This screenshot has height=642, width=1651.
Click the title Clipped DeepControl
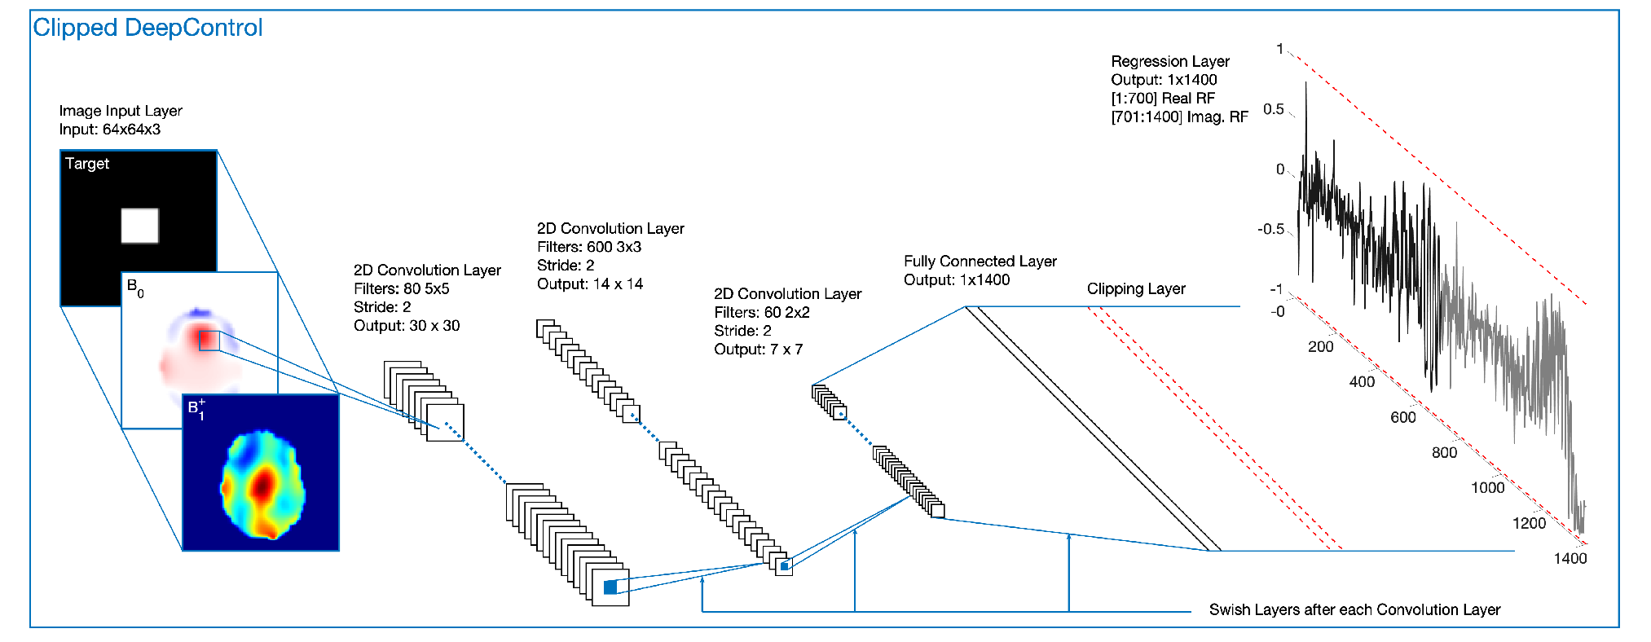[147, 28]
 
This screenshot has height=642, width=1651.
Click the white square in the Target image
[139, 226]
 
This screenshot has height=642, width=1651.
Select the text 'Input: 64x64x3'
[110, 130]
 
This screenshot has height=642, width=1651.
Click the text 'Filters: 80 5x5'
[401, 288]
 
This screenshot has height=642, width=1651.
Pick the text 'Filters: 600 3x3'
[589, 247]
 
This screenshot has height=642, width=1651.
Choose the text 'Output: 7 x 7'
[758, 350]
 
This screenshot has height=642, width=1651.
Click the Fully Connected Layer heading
[980, 262]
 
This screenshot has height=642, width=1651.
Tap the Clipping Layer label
[1136, 289]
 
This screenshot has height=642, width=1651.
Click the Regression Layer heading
[1170, 61]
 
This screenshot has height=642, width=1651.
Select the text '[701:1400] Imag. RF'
[1179, 117]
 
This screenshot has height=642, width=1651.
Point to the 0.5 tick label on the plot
[1274, 109]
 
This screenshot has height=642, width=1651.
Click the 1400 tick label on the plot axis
[1570, 558]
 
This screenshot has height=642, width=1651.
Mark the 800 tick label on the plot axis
[1444, 452]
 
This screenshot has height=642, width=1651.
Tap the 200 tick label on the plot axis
[1321, 346]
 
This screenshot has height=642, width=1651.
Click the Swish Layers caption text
[1354, 609]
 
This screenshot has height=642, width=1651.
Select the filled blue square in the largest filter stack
[610, 587]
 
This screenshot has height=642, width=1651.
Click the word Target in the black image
[87, 164]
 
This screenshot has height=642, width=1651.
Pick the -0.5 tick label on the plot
[1271, 229]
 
